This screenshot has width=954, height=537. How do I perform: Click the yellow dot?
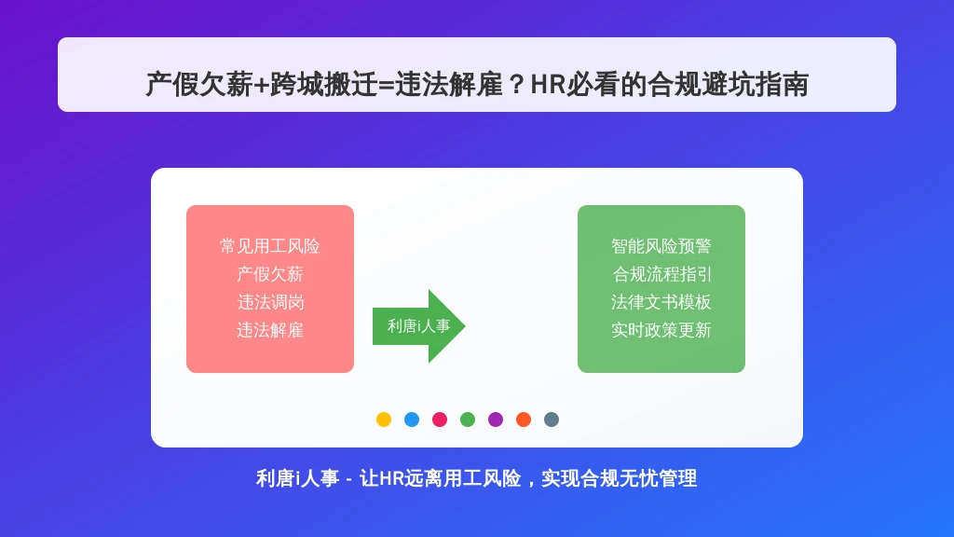click(383, 420)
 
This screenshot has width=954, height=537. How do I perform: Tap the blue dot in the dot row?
click(411, 420)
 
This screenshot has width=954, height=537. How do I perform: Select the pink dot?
click(440, 420)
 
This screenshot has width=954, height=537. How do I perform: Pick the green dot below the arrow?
click(468, 420)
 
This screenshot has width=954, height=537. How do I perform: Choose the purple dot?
click(496, 420)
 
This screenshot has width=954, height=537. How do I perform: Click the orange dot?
click(524, 420)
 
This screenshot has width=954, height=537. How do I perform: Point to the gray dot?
click(552, 420)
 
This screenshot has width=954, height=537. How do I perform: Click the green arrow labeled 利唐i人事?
click(418, 326)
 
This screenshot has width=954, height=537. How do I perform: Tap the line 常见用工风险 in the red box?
click(270, 246)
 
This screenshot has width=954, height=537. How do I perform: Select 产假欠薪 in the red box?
click(270, 275)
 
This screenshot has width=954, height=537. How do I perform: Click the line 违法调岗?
click(270, 303)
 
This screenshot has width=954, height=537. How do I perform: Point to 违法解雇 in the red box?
click(270, 331)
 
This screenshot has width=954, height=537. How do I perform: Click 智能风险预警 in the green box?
click(661, 246)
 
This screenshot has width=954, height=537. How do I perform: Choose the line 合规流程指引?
click(661, 275)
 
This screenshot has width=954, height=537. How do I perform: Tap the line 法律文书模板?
click(661, 303)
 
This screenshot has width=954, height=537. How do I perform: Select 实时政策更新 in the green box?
click(661, 331)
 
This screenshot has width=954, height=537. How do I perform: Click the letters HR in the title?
click(548, 85)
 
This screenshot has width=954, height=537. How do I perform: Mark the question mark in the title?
click(516, 85)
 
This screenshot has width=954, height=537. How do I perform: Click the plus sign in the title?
click(262, 85)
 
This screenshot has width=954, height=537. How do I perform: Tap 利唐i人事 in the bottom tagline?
click(297, 478)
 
